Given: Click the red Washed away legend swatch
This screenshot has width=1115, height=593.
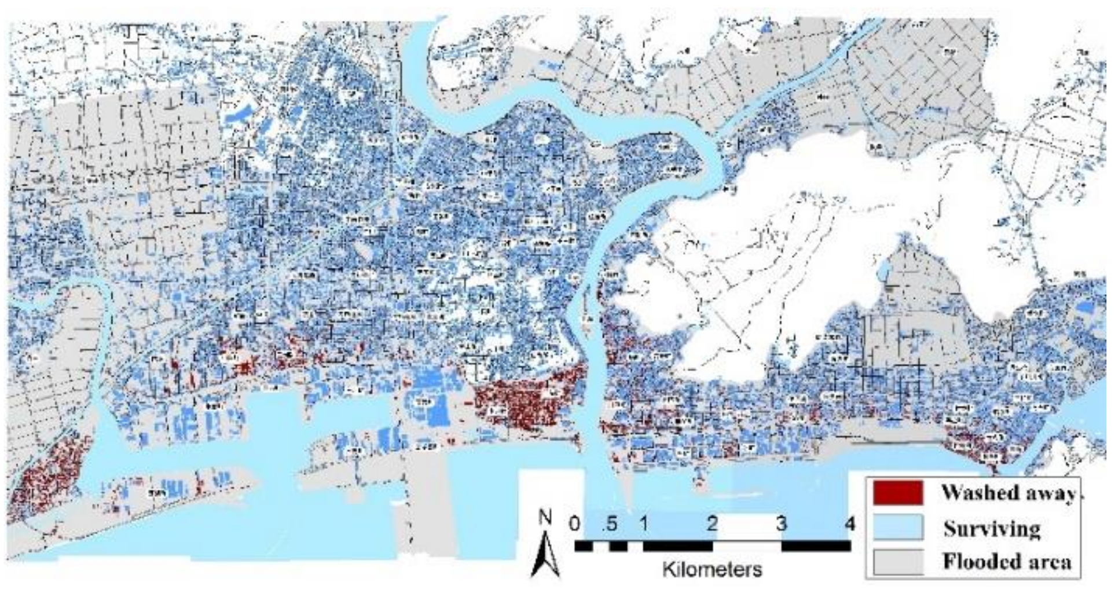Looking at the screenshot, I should [898, 492].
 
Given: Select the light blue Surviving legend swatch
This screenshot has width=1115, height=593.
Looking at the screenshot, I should [898, 528].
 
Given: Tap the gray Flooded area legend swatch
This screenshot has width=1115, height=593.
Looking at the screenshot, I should [898, 561].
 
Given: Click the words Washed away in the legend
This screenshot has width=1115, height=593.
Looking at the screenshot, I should [1008, 493].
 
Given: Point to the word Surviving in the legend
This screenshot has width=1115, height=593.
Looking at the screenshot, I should [992, 529].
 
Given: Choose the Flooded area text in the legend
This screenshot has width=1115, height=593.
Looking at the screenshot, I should [1007, 561].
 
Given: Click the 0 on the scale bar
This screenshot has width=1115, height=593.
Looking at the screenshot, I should [574, 524].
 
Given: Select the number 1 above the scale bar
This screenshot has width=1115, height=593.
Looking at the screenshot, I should [643, 524].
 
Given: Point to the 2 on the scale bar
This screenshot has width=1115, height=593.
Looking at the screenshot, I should [712, 524].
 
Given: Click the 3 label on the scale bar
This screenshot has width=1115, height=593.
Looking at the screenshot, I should [782, 524].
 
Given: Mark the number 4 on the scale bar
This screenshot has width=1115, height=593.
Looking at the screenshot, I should [849, 524].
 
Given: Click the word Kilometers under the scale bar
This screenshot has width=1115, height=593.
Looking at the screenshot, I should [712, 569].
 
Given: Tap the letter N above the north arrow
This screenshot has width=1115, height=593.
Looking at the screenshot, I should [545, 517].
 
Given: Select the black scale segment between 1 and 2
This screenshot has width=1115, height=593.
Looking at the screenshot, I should [677, 546].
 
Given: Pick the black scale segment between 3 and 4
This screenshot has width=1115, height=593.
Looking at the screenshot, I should [816, 546].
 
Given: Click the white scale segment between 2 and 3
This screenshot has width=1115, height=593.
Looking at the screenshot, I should [747, 546].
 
